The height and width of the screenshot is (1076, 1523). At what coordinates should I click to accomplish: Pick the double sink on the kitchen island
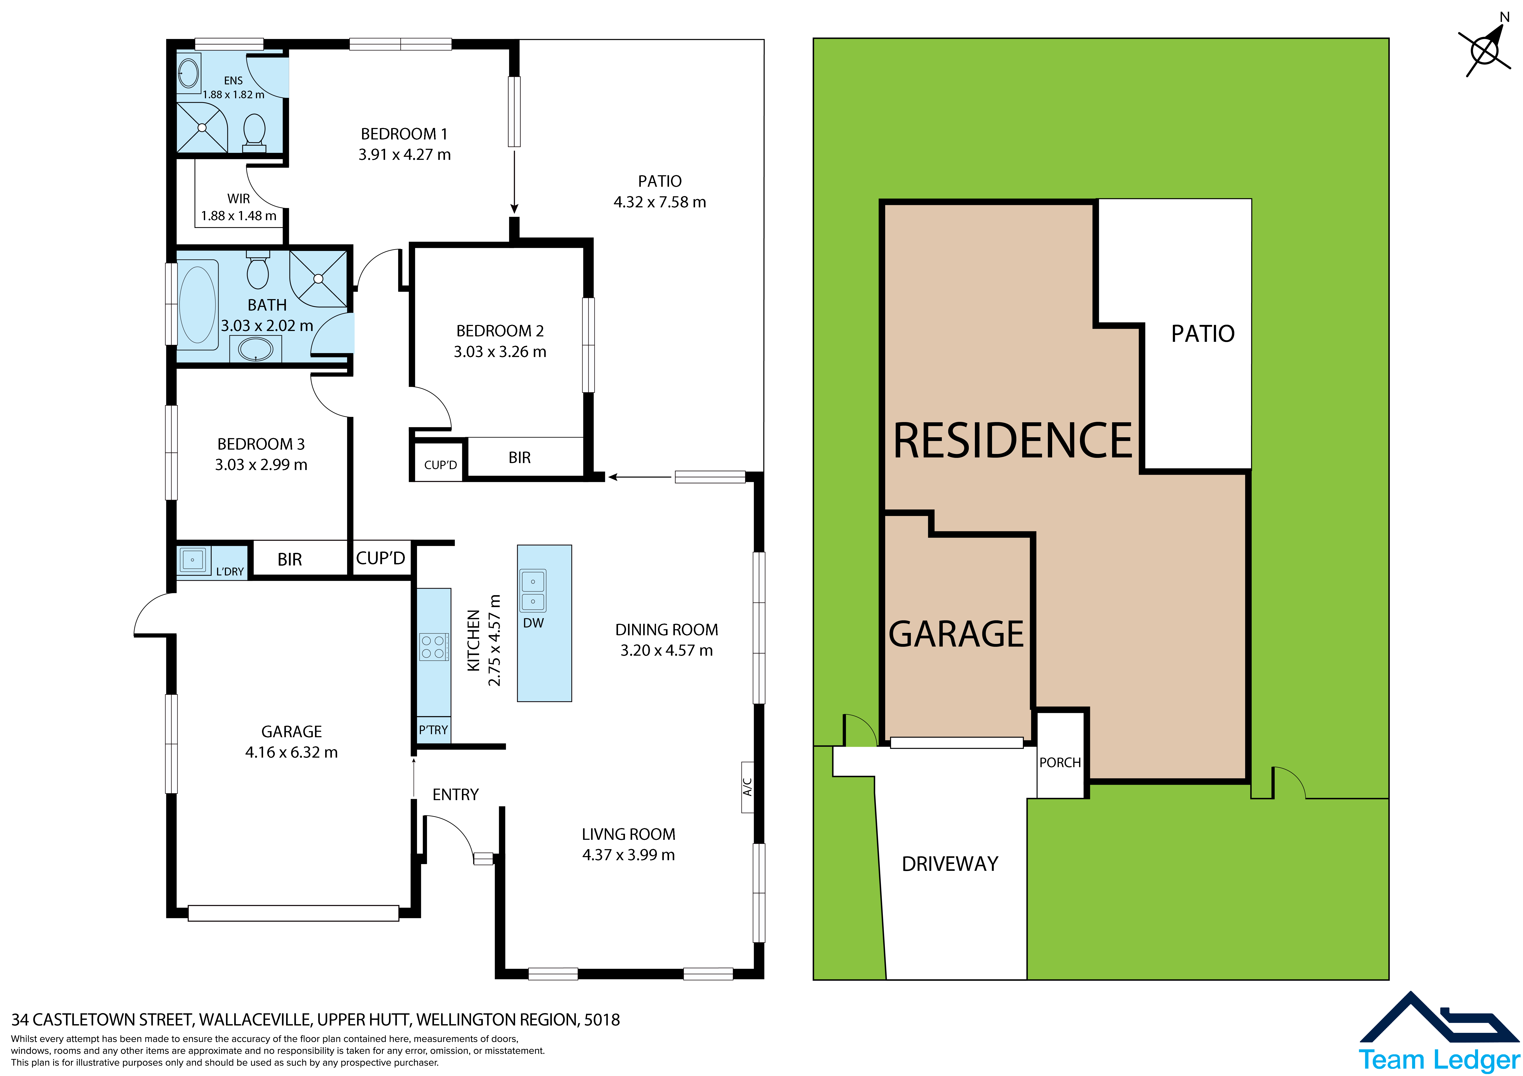pyautogui.click(x=533, y=591)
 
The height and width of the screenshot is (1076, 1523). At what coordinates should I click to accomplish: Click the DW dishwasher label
pyautogui.click(x=533, y=623)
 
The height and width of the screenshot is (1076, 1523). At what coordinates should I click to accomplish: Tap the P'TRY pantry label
pyautogui.click(x=433, y=730)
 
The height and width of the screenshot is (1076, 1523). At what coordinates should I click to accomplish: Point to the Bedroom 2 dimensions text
pyautogui.click(x=500, y=352)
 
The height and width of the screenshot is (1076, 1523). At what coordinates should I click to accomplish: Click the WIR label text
pyautogui.click(x=239, y=199)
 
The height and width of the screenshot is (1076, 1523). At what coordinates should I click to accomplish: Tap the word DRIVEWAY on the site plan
pyautogui.click(x=950, y=864)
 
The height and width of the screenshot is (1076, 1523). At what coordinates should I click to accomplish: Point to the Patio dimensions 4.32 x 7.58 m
pyautogui.click(x=660, y=202)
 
